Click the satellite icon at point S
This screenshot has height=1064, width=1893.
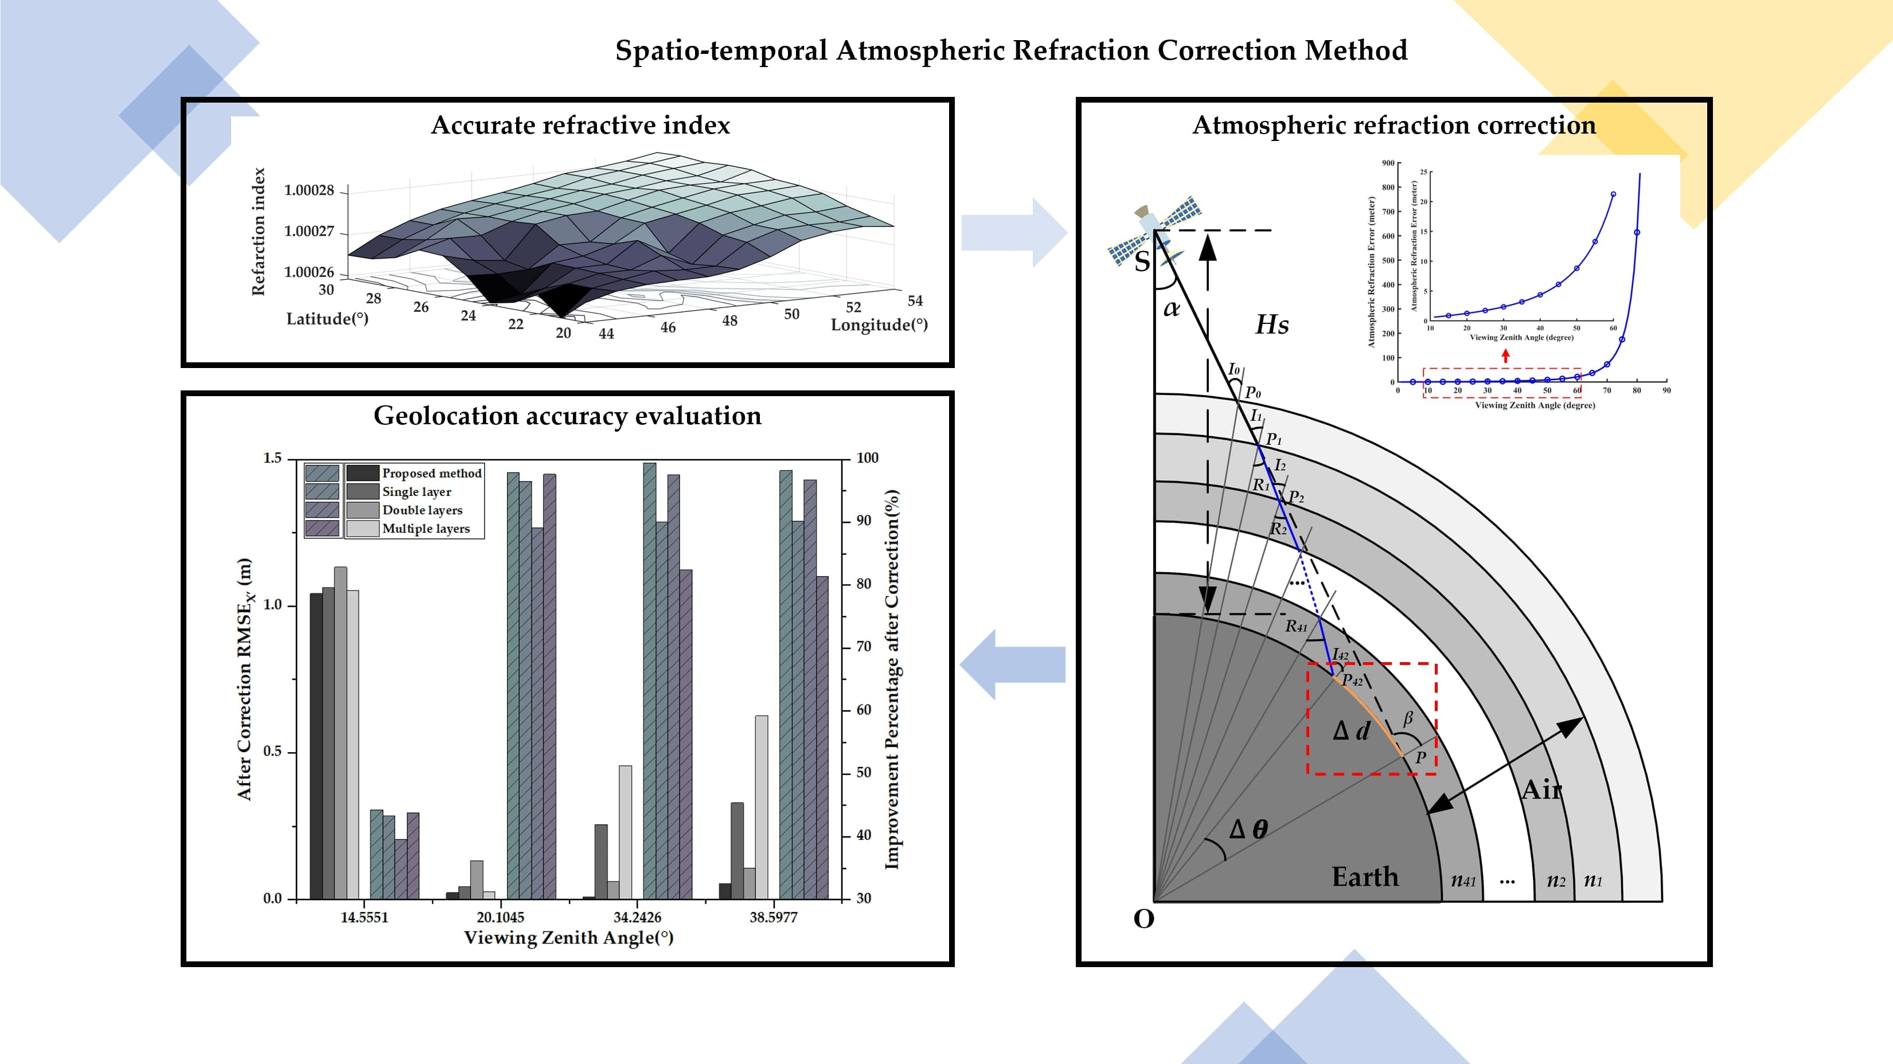tap(1154, 230)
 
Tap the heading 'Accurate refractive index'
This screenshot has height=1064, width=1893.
tap(580, 125)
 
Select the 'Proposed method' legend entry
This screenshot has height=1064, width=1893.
tap(431, 473)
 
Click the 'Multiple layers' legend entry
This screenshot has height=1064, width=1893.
tap(426, 529)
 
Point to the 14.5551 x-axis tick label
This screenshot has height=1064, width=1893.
tap(364, 917)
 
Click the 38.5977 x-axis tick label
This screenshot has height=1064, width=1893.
tap(773, 917)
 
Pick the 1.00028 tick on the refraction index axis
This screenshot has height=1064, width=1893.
tap(309, 190)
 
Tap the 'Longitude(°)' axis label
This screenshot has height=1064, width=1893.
tap(879, 325)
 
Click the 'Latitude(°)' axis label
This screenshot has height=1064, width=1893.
tap(327, 319)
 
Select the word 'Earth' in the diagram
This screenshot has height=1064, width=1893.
tap(1365, 877)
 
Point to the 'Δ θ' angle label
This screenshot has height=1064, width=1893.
tap(1248, 830)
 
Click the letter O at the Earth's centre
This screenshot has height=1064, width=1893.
tap(1143, 918)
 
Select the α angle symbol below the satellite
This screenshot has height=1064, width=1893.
tap(1172, 308)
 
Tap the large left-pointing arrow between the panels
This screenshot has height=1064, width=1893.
tap(1013, 664)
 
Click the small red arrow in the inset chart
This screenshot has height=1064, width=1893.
tap(1506, 357)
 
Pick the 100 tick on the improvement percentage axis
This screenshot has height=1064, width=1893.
tap(867, 458)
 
